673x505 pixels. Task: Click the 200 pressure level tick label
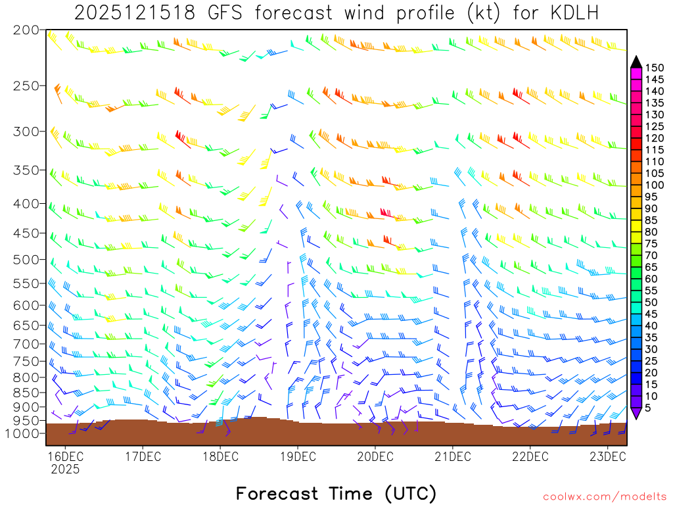(x=27, y=30)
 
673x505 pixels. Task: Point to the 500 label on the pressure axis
(x=27, y=259)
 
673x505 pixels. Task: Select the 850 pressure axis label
(x=27, y=393)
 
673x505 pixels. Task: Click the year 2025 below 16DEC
(x=65, y=469)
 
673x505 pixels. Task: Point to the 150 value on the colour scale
(x=654, y=68)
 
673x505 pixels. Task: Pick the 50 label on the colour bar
(x=651, y=302)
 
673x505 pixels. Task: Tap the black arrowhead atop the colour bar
(x=636, y=62)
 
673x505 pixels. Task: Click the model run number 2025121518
(x=134, y=13)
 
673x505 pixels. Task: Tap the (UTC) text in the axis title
(x=411, y=493)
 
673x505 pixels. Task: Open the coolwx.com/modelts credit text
(x=604, y=496)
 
